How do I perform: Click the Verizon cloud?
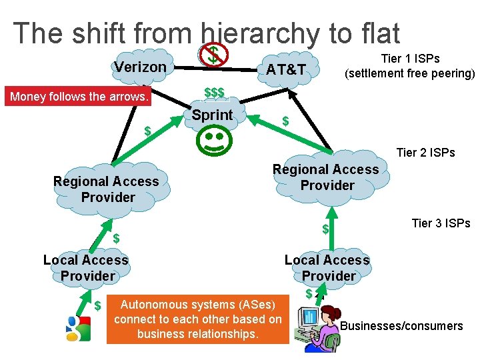click(x=140, y=67)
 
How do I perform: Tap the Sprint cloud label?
click(x=212, y=115)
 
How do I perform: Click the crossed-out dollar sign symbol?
click(x=213, y=54)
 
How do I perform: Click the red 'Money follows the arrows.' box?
click(x=79, y=97)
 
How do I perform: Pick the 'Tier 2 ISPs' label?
click(x=425, y=153)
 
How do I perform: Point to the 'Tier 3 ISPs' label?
click(x=441, y=223)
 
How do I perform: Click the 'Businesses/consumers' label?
click(x=401, y=326)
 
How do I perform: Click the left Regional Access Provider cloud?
click(x=107, y=189)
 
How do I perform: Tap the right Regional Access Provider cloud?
click(x=326, y=177)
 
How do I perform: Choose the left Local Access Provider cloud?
click(x=86, y=268)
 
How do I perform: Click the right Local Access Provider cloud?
click(x=327, y=268)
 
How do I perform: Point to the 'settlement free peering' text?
click(x=409, y=73)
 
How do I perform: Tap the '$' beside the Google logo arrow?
click(x=97, y=306)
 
